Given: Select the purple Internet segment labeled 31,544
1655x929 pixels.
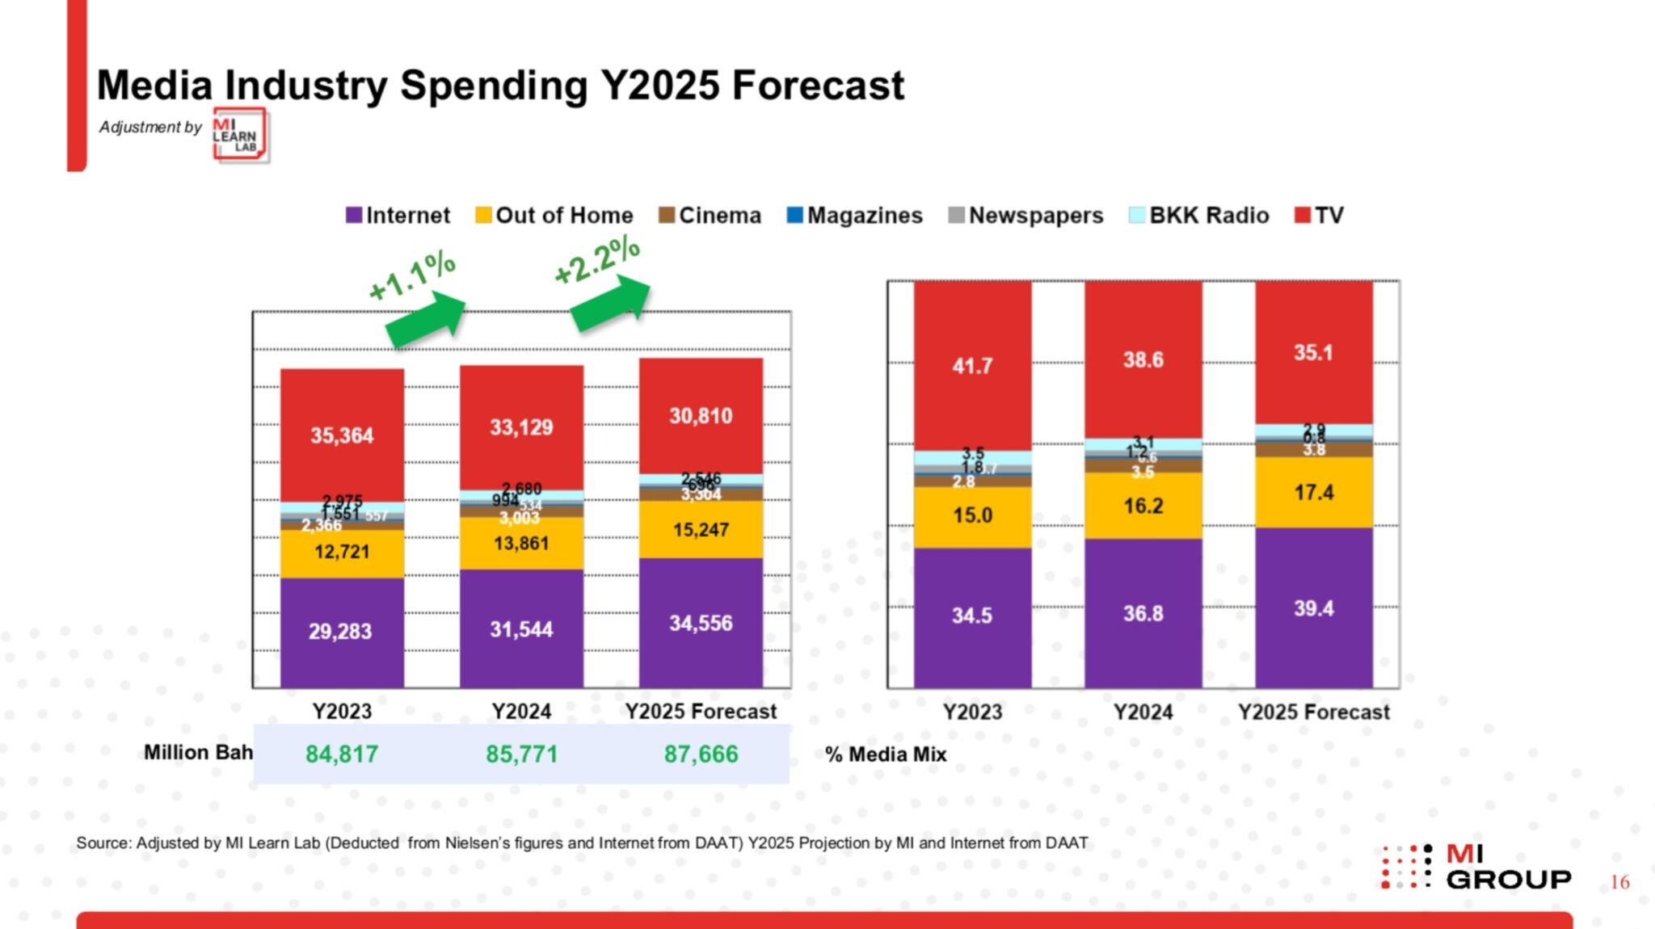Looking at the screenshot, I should [521, 628].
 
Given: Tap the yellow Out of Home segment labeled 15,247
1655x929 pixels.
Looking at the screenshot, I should [701, 530].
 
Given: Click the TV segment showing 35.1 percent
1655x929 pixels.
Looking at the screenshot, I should [1313, 352].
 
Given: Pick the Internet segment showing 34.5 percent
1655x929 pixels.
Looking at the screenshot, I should [972, 616].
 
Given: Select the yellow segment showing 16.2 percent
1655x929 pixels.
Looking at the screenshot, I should [1143, 507].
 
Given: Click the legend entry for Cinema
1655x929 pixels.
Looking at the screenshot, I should [710, 216].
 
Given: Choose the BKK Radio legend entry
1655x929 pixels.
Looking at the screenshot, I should [1199, 216].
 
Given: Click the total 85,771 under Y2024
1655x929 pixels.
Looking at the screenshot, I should [521, 754].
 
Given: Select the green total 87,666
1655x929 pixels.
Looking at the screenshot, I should [701, 754].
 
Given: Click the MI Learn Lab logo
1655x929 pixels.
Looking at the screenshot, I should [240, 135].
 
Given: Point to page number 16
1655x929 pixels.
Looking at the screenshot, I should [1619, 882].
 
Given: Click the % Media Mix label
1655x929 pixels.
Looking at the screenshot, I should [886, 755].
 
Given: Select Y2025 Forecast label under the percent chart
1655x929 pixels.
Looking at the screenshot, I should [1313, 712].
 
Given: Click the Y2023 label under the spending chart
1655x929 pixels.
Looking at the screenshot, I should [342, 711].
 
